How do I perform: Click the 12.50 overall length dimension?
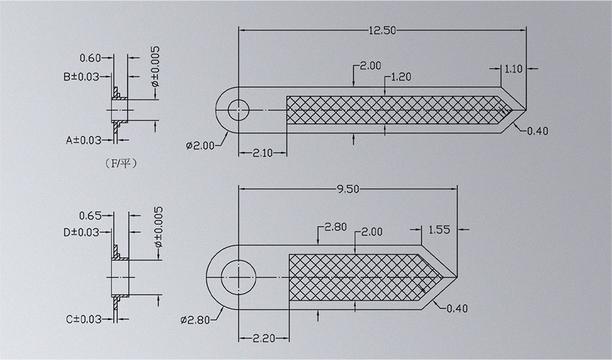point(383,29)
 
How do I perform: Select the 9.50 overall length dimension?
point(348,189)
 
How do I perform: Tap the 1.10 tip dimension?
point(513,69)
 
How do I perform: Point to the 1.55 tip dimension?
point(440,230)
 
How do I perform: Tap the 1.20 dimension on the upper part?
point(400,77)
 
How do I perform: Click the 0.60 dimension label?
point(90,58)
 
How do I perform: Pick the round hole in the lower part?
point(238,278)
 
